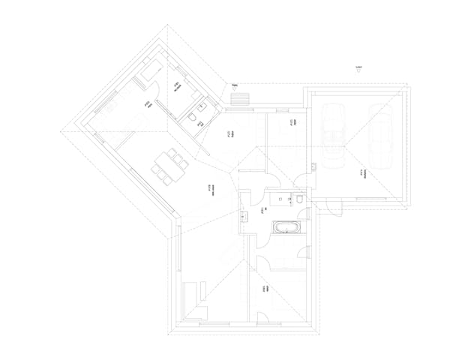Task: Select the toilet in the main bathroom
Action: (x=299, y=199)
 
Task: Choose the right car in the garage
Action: (x=381, y=134)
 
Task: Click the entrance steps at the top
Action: (x=240, y=98)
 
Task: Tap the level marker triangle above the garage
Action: (x=359, y=72)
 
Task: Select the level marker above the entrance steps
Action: (x=235, y=87)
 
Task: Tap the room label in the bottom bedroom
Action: (x=265, y=289)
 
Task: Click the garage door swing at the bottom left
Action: (x=333, y=209)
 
